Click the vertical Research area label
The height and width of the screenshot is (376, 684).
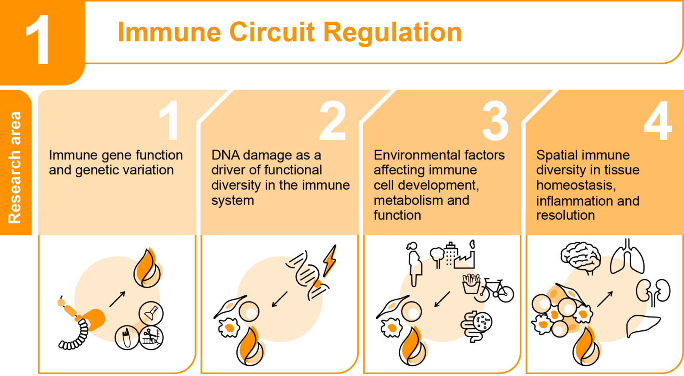pyautogui.click(x=15, y=167)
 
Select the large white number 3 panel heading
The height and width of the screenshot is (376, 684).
pyautogui.click(x=495, y=121)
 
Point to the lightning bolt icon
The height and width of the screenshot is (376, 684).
pyautogui.click(x=329, y=260)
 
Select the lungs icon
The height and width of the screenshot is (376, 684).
pyautogui.click(x=627, y=256)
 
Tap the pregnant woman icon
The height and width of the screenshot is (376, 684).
pyautogui.click(x=414, y=264)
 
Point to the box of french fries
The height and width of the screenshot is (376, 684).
pyautogui.click(x=471, y=284)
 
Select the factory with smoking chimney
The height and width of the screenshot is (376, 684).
pyautogui.click(x=465, y=256)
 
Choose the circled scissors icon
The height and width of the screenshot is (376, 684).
pyautogui.click(x=151, y=338)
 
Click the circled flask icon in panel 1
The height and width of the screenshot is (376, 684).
pyautogui.click(x=151, y=313)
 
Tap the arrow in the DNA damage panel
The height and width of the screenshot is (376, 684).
pyautogui.click(x=280, y=299)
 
